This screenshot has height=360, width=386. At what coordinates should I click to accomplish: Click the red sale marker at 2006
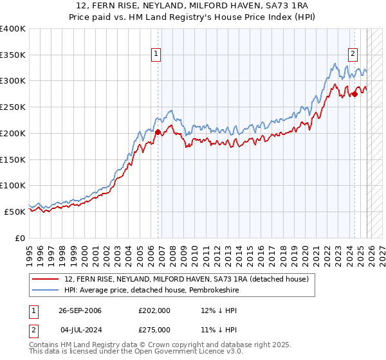point(158,132)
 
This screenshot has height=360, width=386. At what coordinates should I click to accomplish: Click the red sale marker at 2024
point(354,94)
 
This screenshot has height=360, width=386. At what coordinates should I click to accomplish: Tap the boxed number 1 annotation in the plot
point(156,54)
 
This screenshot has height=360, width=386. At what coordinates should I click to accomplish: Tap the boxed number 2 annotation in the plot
point(353,54)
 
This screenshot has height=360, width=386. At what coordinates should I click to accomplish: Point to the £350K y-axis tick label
point(13,55)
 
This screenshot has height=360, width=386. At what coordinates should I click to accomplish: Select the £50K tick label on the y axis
point(15,212)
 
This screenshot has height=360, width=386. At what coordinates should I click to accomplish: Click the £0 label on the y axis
point(21,238)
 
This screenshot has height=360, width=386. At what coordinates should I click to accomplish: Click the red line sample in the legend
point(46,279)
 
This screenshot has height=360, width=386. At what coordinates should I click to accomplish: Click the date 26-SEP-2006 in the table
point(80,310)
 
